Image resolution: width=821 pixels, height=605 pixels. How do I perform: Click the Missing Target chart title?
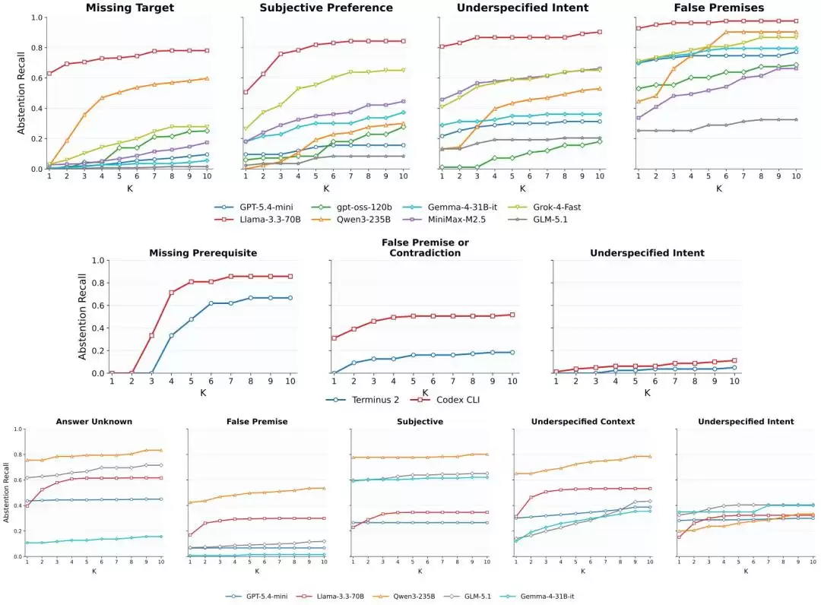(x=130, y=8)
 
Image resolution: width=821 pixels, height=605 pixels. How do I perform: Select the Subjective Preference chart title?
(x=326, y=8)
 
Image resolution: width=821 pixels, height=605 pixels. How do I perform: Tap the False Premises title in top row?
(x=719, y=8)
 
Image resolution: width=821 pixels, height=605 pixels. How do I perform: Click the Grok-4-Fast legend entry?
(x=544, y=207)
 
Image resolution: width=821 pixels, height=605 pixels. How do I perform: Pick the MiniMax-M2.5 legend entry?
(x=444, y=220)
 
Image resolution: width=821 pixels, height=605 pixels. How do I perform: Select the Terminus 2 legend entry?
(x=363, y=400)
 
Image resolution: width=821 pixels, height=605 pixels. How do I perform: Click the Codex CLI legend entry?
(x=445, y=400)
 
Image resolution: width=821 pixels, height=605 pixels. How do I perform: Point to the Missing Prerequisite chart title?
(x=203, y=253)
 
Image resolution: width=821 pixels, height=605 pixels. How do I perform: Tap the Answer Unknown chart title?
(x=94, y=421)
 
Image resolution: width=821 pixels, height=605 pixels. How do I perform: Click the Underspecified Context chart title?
(x=583, y=421)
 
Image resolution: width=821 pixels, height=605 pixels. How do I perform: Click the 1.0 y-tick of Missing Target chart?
(x=36, y=17)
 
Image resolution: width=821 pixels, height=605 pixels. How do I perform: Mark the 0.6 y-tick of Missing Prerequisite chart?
(x=98, y=306)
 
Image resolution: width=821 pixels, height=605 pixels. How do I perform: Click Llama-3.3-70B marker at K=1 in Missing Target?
(x=49, y=74)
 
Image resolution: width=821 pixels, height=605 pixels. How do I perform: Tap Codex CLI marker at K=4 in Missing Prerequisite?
(x=171, y=293)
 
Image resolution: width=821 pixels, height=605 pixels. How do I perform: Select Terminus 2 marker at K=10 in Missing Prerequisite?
(x=290, y=298)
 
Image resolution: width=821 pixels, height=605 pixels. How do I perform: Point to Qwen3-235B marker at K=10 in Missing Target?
(x=207, y=78)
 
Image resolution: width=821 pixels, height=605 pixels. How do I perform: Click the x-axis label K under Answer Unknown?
(x=94, y=571)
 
